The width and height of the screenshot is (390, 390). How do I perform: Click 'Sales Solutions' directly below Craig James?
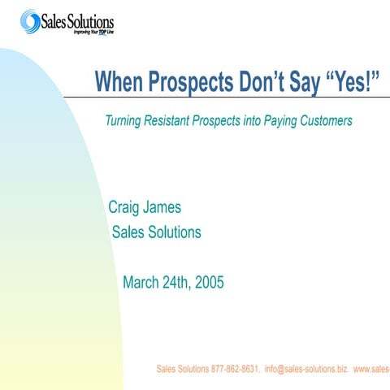tap(156, 232)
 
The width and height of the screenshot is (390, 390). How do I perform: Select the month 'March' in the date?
tap(141, 283)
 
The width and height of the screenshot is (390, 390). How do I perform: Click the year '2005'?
tap(209, 283)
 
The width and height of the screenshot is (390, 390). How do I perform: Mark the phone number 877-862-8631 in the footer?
tap(236, 369)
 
